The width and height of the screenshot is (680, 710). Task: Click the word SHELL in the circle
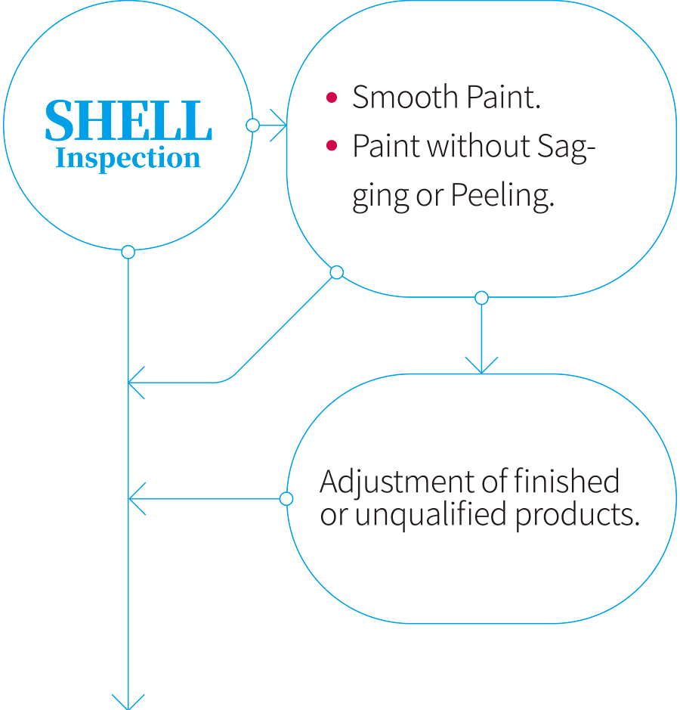click(128, 120)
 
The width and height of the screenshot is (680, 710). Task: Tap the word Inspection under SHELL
click(128, 158)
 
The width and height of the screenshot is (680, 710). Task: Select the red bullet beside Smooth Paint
click(332, 98)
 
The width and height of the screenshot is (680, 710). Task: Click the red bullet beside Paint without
click(332, 145)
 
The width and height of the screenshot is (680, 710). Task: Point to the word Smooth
click(406, 97)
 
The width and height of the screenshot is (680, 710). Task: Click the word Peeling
click(502, 196)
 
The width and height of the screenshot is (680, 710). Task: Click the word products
click(577, 516)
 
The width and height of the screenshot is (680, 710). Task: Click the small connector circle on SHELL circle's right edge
click(252, 125)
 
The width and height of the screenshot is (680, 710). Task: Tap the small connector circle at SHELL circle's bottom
click(128, 252)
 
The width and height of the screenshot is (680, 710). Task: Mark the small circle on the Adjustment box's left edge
click(286, 499)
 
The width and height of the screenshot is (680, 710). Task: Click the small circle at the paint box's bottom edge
click(481, 297)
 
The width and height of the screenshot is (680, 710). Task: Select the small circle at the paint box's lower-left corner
click(337, 272)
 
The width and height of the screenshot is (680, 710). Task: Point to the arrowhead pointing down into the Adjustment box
click(481, 366)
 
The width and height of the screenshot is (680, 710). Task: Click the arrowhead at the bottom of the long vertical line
click(128, 702)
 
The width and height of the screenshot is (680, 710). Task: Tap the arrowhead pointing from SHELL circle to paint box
click(279, 125)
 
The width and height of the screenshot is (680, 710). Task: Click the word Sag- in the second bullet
click(566, 147)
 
